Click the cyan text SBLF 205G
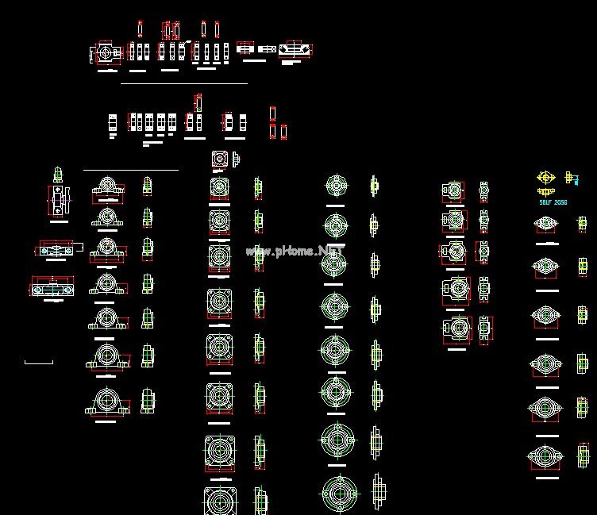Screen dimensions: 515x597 553,202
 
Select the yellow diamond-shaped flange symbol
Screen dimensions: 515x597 545,178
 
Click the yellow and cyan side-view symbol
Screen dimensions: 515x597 569,178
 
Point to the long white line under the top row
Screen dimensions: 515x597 183,83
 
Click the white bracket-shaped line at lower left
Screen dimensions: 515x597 39,363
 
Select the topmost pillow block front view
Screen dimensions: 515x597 106,188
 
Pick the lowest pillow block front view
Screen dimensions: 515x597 106,400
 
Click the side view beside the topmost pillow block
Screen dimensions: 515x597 147,186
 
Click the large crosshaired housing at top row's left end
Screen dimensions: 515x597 104,53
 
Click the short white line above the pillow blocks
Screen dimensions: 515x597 131,170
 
